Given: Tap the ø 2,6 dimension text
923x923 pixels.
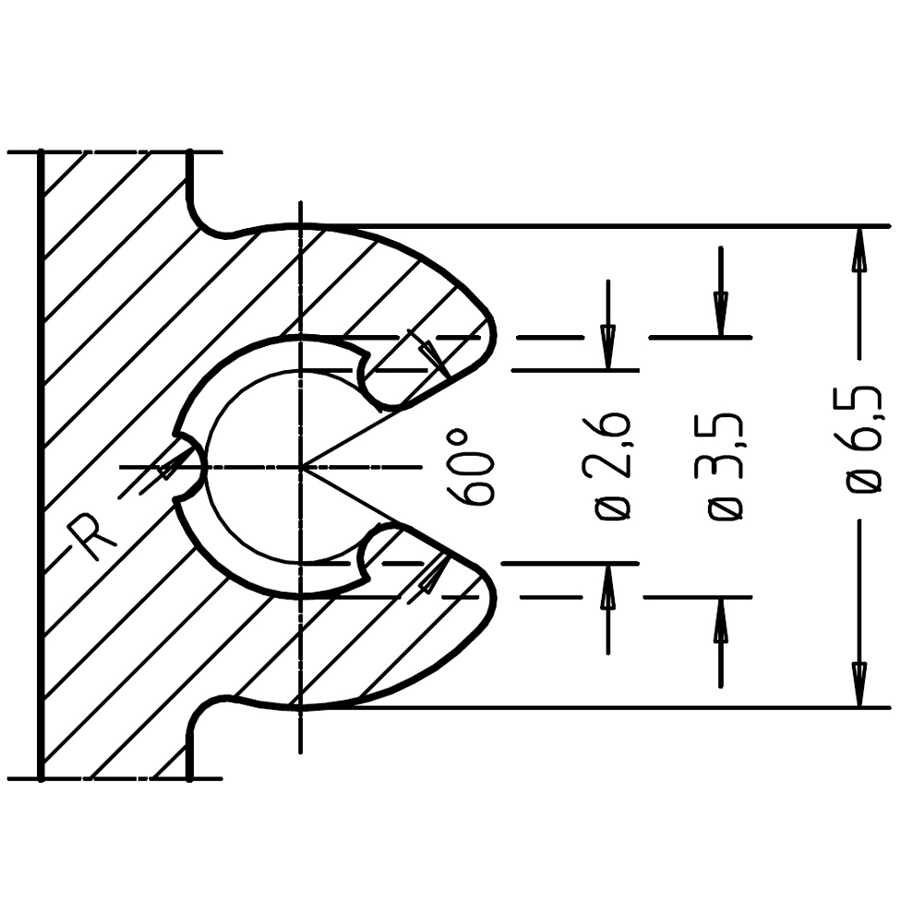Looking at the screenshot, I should tap(613, 466).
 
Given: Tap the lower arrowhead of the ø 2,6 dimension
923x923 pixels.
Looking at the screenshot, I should tap(607, 585).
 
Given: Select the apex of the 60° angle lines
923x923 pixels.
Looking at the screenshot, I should tap(302, 467).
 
